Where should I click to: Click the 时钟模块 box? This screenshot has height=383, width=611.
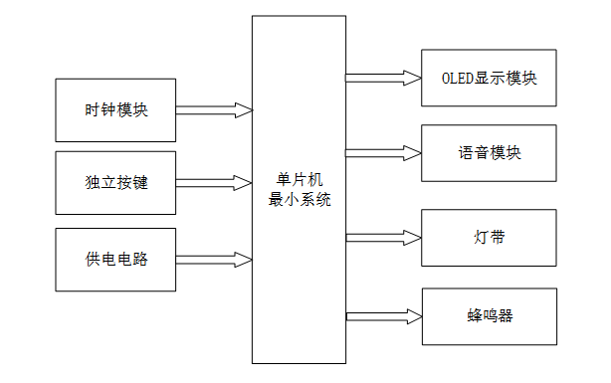115,109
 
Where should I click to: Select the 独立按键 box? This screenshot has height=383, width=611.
115,183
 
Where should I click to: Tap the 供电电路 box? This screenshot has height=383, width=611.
115,259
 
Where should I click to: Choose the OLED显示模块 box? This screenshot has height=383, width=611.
489,78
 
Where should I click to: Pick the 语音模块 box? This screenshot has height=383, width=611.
489,153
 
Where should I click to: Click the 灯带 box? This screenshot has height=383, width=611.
489,238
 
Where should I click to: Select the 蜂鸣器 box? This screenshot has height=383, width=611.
489,316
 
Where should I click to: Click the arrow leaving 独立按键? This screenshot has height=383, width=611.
213,183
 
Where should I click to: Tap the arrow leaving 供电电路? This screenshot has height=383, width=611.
213,259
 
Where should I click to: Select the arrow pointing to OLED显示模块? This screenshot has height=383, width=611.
383,77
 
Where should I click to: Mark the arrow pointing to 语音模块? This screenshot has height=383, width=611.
383,152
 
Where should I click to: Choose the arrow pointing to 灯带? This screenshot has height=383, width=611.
383,237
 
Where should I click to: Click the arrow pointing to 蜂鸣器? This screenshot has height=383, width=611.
383,316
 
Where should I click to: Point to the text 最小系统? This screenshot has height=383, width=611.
300,199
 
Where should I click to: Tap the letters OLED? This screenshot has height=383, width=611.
457,78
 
